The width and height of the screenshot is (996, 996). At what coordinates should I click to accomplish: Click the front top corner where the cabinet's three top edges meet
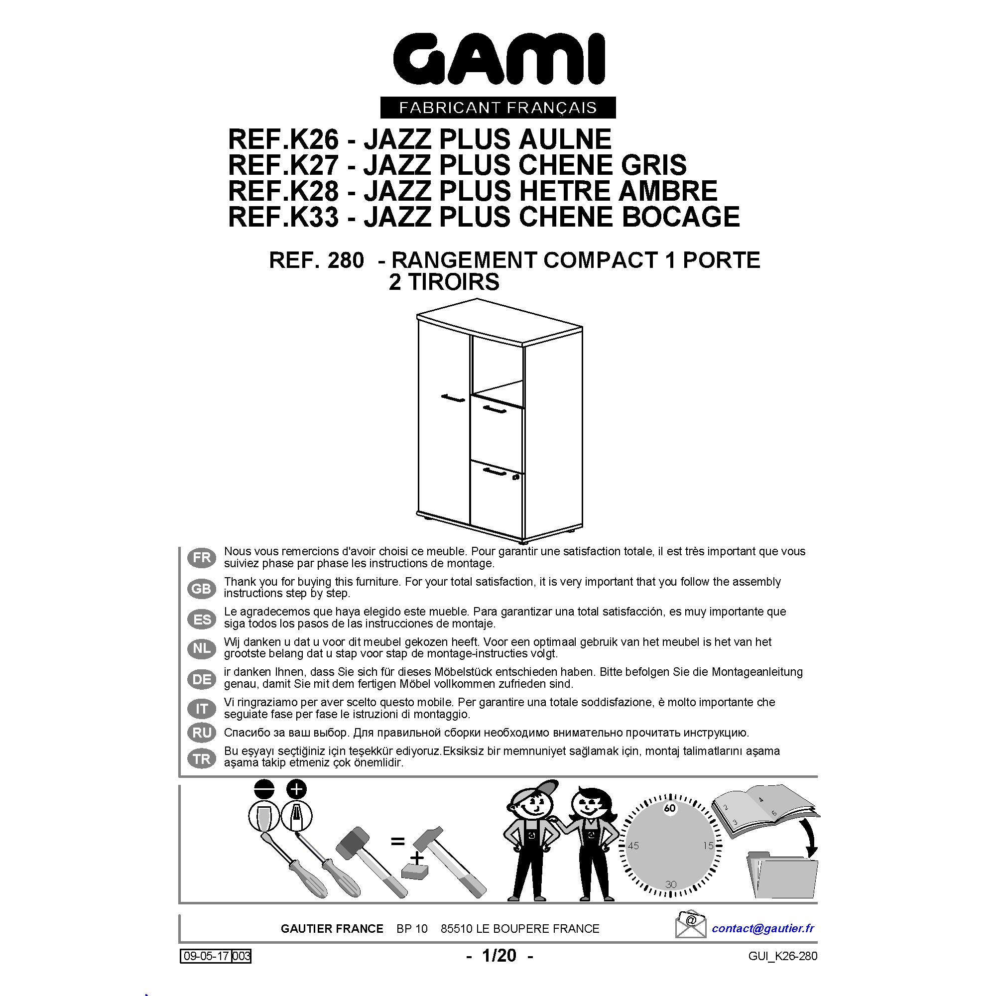(523, 346)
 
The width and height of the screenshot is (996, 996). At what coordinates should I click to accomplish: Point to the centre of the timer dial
(670, 846)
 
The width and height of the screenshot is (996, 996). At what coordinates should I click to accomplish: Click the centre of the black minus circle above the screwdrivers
(263, 788)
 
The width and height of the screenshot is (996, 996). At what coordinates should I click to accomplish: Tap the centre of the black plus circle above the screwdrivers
(297, 788)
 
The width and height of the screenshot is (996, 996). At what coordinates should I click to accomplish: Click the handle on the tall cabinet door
(452, 397)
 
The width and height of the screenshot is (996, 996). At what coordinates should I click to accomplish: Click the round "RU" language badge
(202, 733)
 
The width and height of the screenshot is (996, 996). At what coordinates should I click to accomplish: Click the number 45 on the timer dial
(633, 846)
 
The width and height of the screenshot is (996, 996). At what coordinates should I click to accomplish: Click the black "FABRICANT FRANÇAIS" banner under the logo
(498, 107)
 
